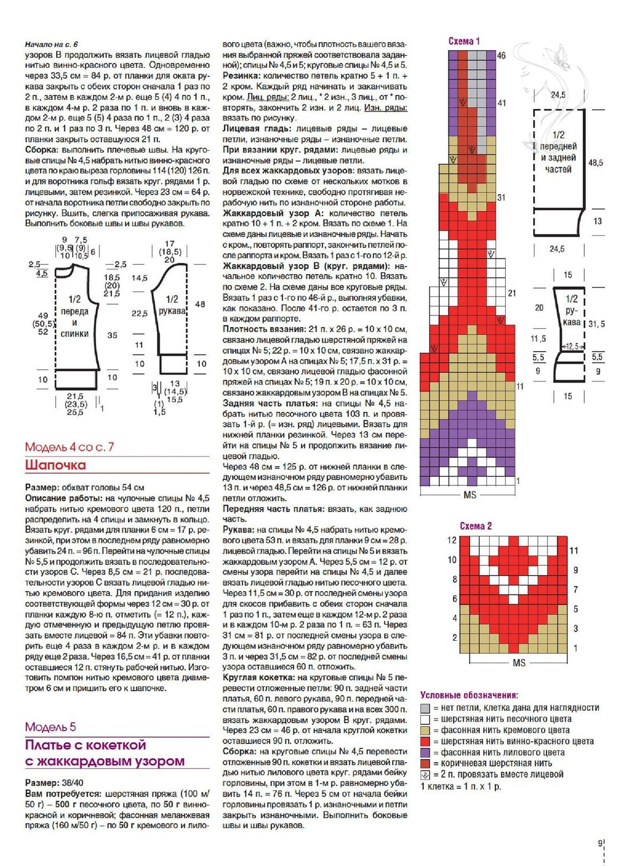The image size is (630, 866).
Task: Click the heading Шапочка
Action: click(x=56, y=465)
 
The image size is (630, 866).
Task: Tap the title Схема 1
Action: click(x=464, y=41)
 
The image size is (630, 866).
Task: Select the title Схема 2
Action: click(x=475, y=526)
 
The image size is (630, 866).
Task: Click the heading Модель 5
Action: click(x=50, y=727)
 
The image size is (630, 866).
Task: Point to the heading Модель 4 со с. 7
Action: click(x=69, y=447)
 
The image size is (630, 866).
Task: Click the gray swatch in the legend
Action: click(x=425, y=708)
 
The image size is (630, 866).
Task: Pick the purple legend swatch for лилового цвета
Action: click(x=425, y=752)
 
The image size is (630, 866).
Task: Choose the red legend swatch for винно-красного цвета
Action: click(x=425, y=741)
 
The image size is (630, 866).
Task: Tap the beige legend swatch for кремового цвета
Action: click(x=425, y=730)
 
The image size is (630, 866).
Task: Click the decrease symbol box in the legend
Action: click(x=425, y=774)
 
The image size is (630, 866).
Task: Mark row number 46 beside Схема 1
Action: click(x=501, y=56)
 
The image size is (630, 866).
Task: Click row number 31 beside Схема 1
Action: click(x=501, y=198)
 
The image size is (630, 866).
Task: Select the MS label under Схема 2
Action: click(x=519, y=663)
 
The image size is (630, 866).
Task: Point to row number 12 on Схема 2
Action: click(x=452, y=540)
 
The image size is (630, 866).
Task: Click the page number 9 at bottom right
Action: click(x=600, y=843)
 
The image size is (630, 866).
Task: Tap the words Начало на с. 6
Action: click(x=52, y=44)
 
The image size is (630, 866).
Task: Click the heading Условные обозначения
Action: click(x=469, y=695)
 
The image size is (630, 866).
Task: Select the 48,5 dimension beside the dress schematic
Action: click(x=596, y=163)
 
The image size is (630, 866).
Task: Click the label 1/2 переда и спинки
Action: click(x=74, y=316)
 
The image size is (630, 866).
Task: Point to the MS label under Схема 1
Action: click(x=470, y=494)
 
